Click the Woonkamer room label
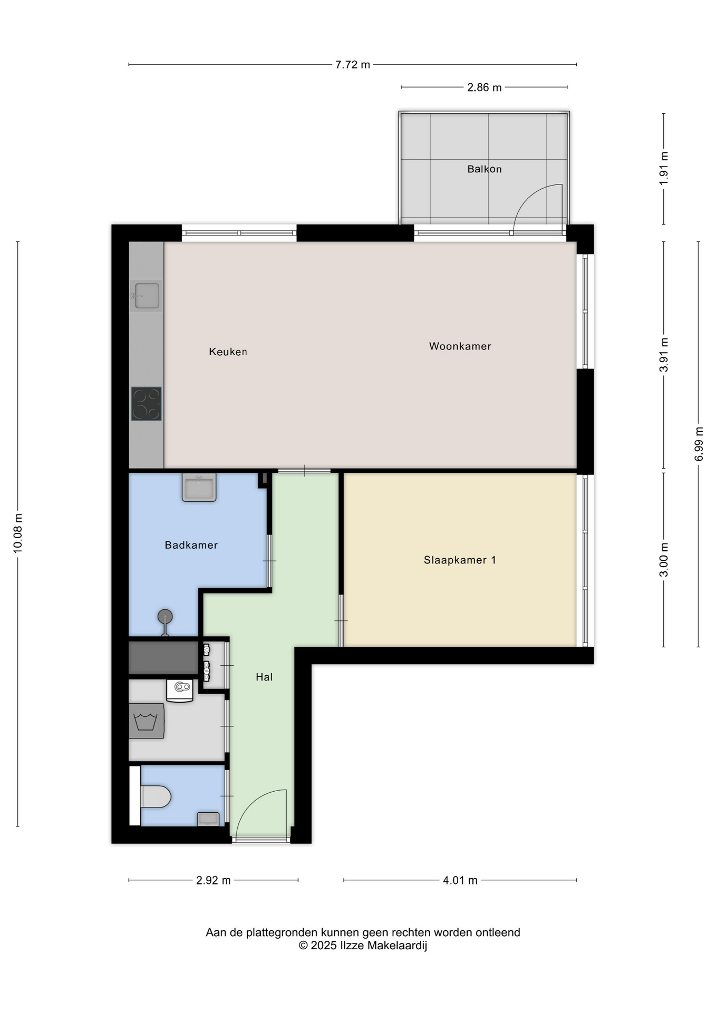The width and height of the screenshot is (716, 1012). [460, 346]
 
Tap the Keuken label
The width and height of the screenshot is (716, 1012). [228, 352]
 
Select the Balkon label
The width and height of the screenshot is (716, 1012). [484, 169]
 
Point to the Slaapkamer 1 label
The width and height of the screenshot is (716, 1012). [460, 560]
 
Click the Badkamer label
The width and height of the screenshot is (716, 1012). [191, 545]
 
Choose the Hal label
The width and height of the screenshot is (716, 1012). [264, 677]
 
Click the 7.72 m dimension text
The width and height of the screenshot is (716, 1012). [353, 65]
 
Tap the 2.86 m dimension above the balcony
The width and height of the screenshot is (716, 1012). [484, 87]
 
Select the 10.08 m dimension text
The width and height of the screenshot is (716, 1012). [17, 533]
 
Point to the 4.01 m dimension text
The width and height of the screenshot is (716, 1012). [460, 880]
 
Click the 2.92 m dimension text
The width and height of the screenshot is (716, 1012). [213, 880]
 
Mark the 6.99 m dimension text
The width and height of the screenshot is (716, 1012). [699, 444]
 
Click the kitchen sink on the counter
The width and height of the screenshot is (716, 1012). [146, 296]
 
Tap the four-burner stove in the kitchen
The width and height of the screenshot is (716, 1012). [146, 404]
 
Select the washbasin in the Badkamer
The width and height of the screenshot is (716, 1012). [199, 487]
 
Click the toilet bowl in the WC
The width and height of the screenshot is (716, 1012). [156, 796]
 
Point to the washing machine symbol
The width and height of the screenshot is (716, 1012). [147, 721]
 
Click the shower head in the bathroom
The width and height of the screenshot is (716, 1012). [165, 617]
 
